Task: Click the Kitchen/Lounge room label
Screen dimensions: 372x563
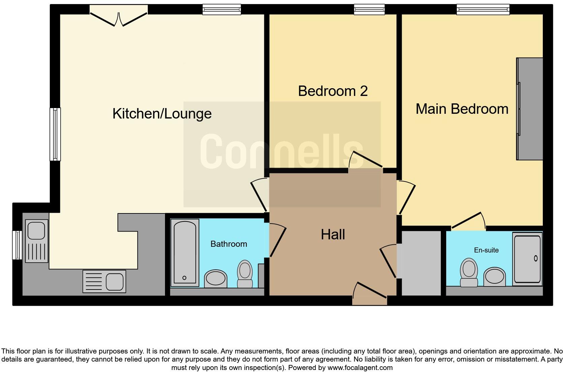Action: [162, 114]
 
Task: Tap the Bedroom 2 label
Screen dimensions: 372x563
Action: [333, 91]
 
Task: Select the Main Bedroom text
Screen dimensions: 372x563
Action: [462, 109]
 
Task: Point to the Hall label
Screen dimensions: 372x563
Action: [333, 235]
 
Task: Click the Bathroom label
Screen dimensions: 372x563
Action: [229, 244]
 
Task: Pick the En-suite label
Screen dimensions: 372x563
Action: [486, 250]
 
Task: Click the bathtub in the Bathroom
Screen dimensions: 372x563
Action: [184, 252]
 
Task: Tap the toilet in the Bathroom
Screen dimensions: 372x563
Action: [245, 273]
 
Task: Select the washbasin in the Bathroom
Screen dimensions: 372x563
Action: [216, 278]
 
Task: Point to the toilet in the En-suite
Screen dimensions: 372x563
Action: [469, 272]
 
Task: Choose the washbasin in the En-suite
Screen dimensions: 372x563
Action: [494, 277]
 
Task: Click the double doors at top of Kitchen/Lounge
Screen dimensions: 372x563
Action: [119, 18]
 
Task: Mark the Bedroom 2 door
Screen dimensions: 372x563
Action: [365, 161]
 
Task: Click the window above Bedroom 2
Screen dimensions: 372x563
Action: [369, 10]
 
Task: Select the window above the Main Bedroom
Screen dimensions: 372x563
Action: [483, 10]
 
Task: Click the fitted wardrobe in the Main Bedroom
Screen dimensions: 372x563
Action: [530, 109]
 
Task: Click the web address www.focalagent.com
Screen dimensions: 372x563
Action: [360, 368]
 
